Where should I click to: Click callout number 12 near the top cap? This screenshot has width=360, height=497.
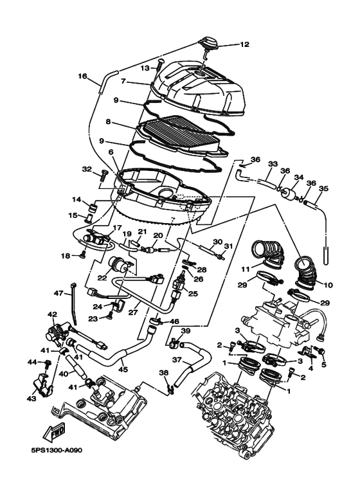pyautogui.click(x=244, y=44)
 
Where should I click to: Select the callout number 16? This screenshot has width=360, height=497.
pyautogui.click(x=82, y=76)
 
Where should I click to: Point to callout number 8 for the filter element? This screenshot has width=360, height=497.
pyautogui.click(x=108, y=122)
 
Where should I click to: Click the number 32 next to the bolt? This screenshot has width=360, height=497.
pyautogui.click(x=87, y=169)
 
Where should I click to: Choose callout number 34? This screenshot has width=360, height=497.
pyautogui.click(x=299, y=177)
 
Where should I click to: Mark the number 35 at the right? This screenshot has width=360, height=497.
pyautogui.click(x=323, y=188)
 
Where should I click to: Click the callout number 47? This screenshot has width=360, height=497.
pyautogui.click(x=59, y=294)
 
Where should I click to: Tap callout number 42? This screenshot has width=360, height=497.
pyautogui.click(x=52, y=314)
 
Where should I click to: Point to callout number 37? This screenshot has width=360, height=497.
pyautogui.click(x=178, y=360)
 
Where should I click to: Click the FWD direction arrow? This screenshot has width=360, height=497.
pyautogui.click(x=55, y=433)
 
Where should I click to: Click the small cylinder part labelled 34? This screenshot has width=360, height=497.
pyautogui.click(x=288, y=193)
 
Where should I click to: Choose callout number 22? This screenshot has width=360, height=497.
pyautogui.click(x=102, y=278)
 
